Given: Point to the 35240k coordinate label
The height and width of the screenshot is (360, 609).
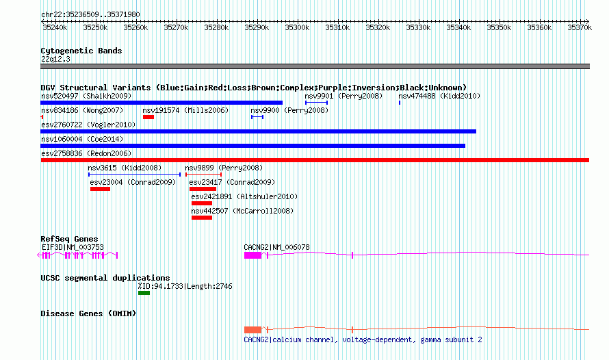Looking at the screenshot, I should pyautogui.click(x=55, y=28).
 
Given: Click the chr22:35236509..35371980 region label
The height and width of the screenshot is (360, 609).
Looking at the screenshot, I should pyautogui.click(x=90, y=14).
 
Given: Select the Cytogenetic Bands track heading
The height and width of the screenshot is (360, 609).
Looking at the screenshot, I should pyautogui.click(x=81, y=51).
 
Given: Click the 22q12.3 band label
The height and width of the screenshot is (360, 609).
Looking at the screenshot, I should pyautogui.click(x=55, y=59).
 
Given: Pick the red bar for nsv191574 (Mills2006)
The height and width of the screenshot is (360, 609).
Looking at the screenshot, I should pyautogui.click(x=148, y=117).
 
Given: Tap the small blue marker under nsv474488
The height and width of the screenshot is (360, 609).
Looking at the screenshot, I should pyautogui.click(x=400, y=103).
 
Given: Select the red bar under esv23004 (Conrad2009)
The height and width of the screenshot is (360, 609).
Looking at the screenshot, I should pyautogui.click(x=100, y=189).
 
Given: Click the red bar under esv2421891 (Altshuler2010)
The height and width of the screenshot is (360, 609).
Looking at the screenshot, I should pyautogui.click(x=202, y=203).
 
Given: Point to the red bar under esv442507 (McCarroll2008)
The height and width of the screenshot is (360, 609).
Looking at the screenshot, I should pyautogui.click(x=202, y=218).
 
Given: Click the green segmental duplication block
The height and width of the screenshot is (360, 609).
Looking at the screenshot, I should pyautogui.click(x=144, y=293).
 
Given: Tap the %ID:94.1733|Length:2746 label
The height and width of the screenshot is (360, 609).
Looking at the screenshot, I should pyautogui.click(x=185, y=286).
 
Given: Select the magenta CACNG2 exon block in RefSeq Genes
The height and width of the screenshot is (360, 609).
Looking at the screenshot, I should pyautogui.click(x=252, y=255).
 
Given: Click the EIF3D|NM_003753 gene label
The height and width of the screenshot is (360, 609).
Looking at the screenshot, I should pyautogui.click(x=73, y=247).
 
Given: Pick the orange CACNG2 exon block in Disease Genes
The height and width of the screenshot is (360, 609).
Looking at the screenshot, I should pyautogui.click(x=252, y=330).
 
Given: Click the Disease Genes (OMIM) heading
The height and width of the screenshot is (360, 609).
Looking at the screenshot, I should pyautogui.click(x=88, y=313).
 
